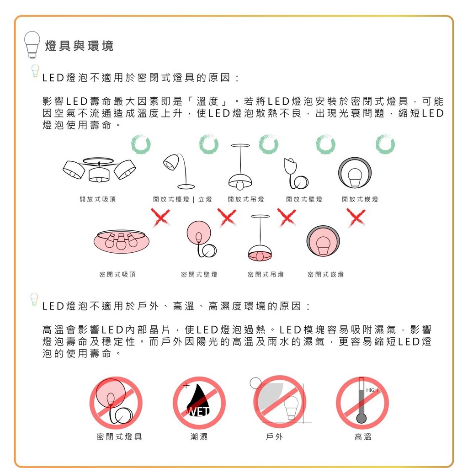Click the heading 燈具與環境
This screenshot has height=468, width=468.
pyautogui.click(x=79, y=46)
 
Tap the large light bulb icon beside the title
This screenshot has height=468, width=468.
pyautogui.click(x=32, y=45)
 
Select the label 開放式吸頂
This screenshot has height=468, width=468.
pyautogui.click(x=98, y=199)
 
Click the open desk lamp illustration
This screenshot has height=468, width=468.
pyautogui.click(x=179, y=171)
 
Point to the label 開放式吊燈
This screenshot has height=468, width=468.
pyautogui.click(x=246, y=199)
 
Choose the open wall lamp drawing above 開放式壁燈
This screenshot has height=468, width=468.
pyautogui.click(x=296, y=173)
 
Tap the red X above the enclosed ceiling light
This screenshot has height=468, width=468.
pyautogui.click(x=160, y=217)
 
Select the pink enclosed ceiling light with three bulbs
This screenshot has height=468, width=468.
pyautogui.click(x=122, y=241)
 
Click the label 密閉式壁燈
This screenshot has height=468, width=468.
pyautogui.click(x=199, y=274)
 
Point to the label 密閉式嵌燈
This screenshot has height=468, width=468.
pyautogui.click(x=325, y=274)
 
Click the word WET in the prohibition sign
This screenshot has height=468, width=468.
pyautogui.click(x=198, y=412)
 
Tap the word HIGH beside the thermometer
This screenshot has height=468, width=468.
pyautogui.click(x=372, y=390)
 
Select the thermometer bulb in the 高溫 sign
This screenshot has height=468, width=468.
pyautogui.click(x=361, y=418)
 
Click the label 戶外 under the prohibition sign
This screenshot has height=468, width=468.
pyautogui.click(x=274, y=436)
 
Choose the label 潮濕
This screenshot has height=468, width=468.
pyautogui.click(x=199, y=436)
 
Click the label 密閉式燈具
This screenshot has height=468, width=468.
pyautogui.click(x=119, y=436)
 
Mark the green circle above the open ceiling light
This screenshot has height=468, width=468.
pyautogui.click(x=141, y=144)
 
